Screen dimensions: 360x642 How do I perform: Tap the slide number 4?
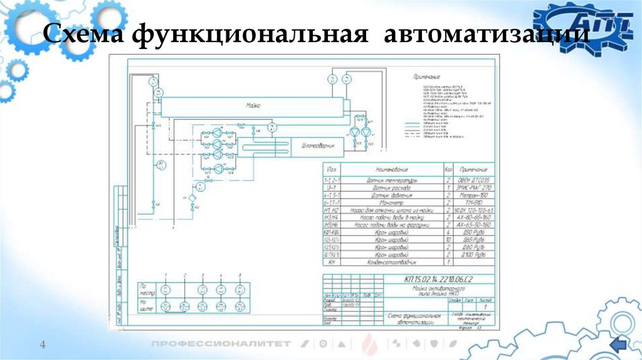(x=43, y=344)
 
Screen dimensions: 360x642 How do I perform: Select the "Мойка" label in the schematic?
(x=252, y=107)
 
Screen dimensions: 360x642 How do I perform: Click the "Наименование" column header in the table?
(x=392, y=170)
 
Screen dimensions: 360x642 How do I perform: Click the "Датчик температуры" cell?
(x=392, y=179)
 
